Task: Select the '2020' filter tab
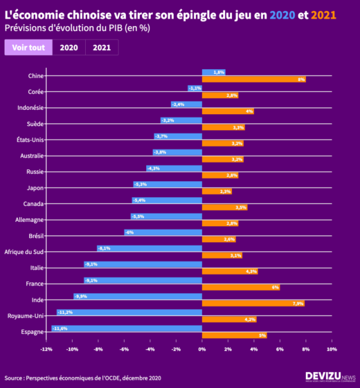pos(69,48)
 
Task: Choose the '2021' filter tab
pos(101,48)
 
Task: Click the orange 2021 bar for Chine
pos(253,80)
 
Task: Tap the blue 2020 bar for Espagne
pos(126,329)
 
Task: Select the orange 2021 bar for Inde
pos(253,303)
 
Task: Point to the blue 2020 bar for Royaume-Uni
pos(129,313)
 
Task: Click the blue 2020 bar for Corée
pos(195,88)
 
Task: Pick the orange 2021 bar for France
pos(240,287)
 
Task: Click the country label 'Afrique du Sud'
pos(24,252)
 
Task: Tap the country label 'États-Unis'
pos(30,140)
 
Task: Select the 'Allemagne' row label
pos(30,220)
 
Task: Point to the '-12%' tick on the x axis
pos(46,349)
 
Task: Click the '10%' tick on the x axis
pos(332,349)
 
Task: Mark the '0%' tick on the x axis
pos(201,349)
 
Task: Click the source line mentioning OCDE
pos(82,378)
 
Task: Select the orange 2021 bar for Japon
pos(216,191)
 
